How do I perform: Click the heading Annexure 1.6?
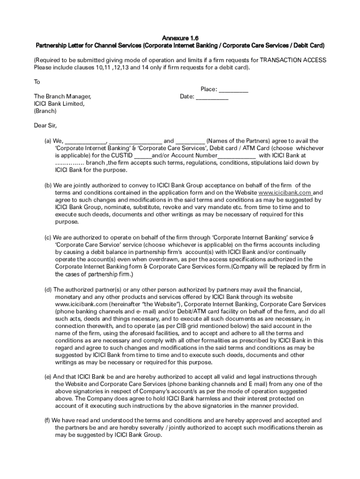[180, 38]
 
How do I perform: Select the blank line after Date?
[212, 97]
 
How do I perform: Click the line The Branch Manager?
[62, 96]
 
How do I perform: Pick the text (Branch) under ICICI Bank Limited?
[45, 111]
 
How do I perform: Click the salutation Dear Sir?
[45, 125]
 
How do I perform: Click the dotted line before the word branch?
[70, 163]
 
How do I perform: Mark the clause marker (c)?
[48, 237]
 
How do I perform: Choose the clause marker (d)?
[48, 290]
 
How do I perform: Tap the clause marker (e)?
[48, 377]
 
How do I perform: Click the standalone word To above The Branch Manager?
[37, 82]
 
